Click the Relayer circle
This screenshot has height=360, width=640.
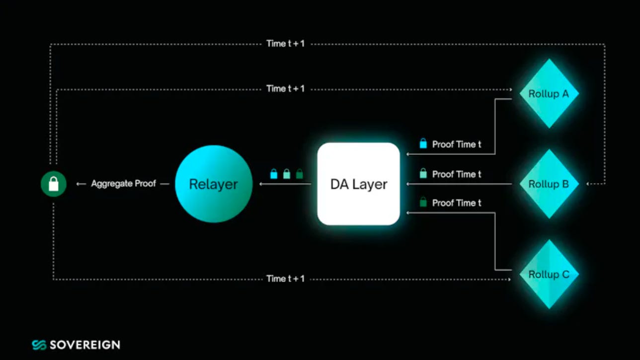[x=214, y=184]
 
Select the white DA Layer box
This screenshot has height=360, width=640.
[x=358, y=184]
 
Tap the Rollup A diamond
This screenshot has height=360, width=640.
[x=549, y=93]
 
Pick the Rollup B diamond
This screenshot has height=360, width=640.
[x=549, y=184]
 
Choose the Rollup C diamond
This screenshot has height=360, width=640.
[x=549, y=274]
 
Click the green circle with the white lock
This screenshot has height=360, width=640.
[x=54, y=184]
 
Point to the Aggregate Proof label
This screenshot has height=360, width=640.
[x=123, y=184]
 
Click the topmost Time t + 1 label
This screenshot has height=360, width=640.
[x=285, y=44]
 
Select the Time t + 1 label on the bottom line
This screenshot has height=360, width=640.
[x=285, y=279]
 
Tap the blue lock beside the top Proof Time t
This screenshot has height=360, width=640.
[x=423, y=144]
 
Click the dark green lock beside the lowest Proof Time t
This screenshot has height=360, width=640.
[x=423, y=203]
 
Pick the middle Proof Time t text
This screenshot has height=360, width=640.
[x=457, y=174]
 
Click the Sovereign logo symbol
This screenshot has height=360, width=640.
[x=39, y=345]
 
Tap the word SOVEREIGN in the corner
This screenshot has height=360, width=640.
[x=84, y=345]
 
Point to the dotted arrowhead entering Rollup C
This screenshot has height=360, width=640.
[x=509, y=279]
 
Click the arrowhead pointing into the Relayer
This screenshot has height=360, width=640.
[x=260, y=184]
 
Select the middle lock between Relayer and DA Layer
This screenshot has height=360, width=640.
[x=286, y=174]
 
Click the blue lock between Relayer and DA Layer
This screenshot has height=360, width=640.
[x=273, y=174]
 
